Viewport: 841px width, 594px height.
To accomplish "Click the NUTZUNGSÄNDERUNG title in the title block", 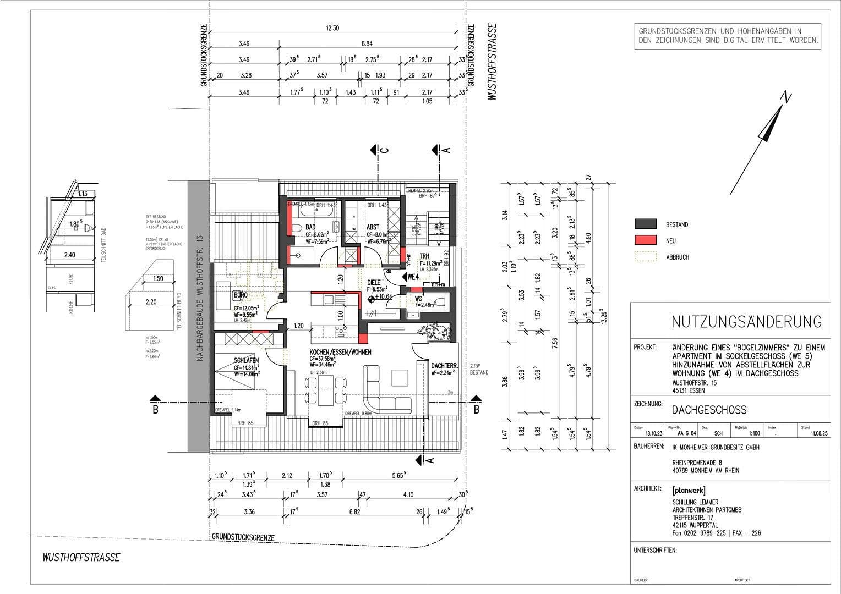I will (746, 322).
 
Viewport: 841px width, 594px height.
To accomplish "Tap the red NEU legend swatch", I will (645, 240).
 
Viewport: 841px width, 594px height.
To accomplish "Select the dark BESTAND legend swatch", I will (645, 224).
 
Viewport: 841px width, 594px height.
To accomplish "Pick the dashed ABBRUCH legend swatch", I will (645, 256).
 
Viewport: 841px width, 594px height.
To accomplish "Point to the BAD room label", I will (310, 227).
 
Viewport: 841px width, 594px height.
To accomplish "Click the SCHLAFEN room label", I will (245, 361).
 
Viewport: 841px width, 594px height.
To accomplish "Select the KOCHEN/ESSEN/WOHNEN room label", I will (340, 352).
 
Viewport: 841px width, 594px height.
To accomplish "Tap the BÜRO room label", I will (241, 295).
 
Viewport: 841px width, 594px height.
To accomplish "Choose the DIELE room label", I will (374, 283).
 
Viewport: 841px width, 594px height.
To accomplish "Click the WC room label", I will (418, 299).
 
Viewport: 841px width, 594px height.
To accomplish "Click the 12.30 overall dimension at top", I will (332, 29).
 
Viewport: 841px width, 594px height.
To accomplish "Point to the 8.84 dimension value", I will (367, 44).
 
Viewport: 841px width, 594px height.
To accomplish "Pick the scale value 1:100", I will (741, 433).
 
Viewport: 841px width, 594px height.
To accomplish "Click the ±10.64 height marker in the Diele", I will (383, 298).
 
